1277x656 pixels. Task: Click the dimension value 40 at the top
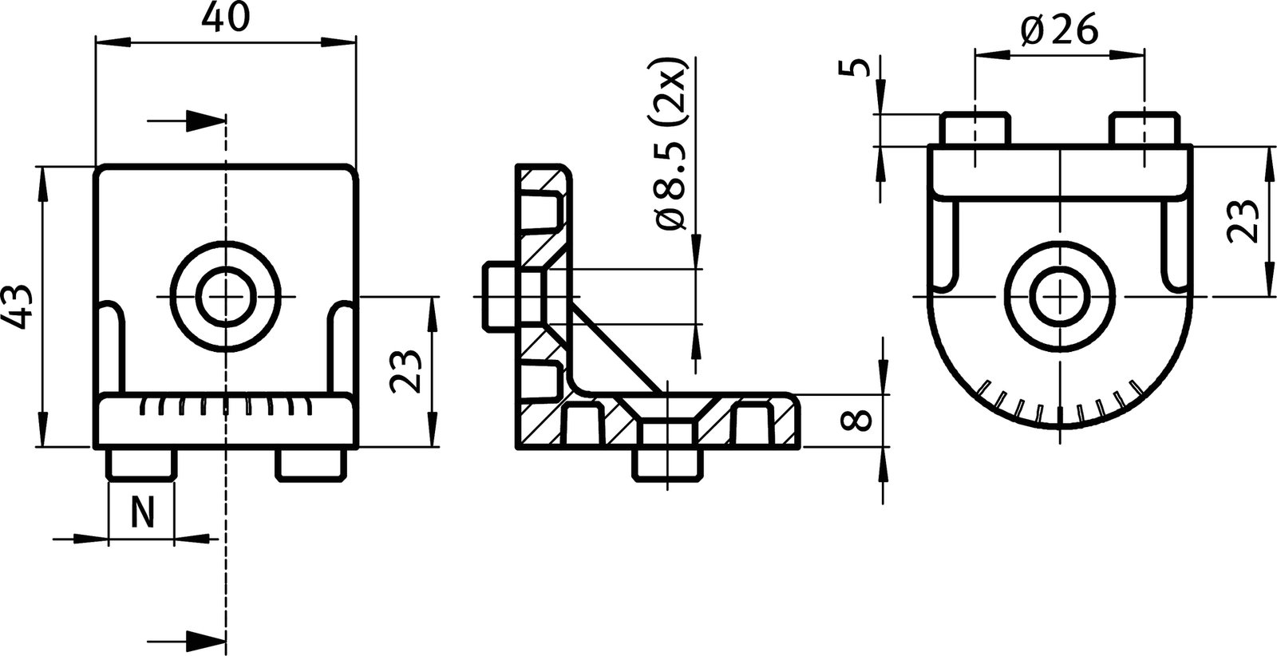coord(224,18)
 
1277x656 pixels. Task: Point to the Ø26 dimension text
coord(1060,32)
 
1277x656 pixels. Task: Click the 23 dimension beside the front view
coord(406,371)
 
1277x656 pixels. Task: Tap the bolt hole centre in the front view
coord(225,297)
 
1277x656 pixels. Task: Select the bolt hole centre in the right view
coord(1060,297)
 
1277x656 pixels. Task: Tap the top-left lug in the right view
coord(975,128)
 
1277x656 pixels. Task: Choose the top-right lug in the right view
coord(1145,128)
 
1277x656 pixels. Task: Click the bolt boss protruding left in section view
coord(500,297)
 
